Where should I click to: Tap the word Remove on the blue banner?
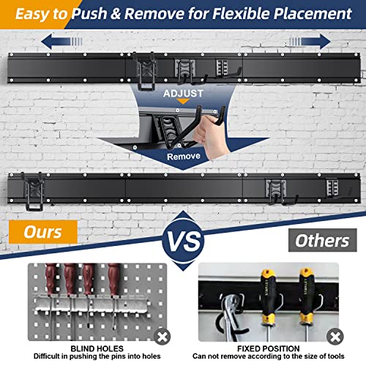pyautogui.click(x=182, y=156)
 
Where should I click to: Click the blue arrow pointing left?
pyautogui.click(x=59, y=41)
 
